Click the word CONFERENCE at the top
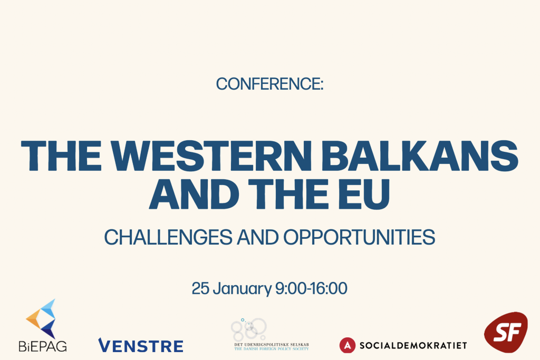[x=268, y=84]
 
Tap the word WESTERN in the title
[x=211, y=155]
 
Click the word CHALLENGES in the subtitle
[x=168, y=237]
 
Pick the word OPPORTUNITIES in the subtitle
[x=359, y=237]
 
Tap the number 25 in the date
[x=200, y=288]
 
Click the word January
[x=242, y=289]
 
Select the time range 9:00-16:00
[x=311, y=288]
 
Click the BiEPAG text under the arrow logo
[x=43, y=346]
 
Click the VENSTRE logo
[x=140, y=346]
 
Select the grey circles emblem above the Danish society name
[x=249, y=329]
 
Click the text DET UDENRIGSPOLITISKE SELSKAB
[x=272, y=345]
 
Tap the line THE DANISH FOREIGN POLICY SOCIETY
[x=272, y=348]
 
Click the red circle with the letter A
[x=347, y=345]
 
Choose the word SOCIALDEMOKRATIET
[x=413, y=345]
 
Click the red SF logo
[x=506, y=332]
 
